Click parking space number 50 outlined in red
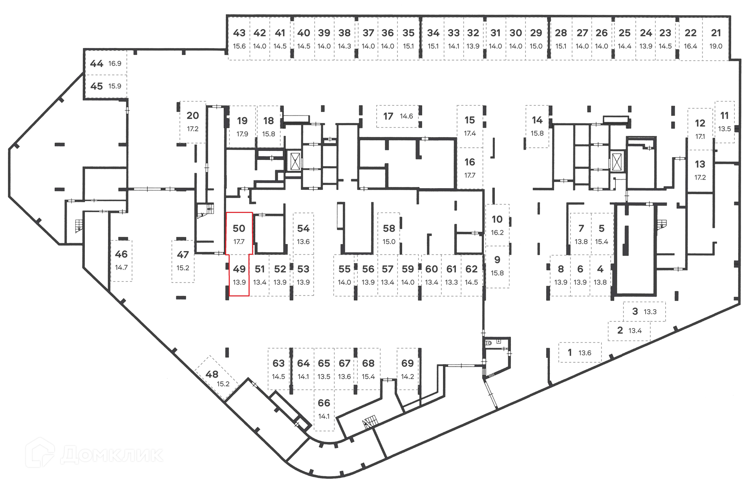click(x=239, y=233)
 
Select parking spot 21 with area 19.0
click(x=716, y=38)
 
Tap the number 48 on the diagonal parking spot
click(x=212, y=374)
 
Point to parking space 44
click(x=106, y=64)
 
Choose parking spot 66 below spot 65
click(x=324, y=409)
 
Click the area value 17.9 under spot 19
click(x=242, y=134)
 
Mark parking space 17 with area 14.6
click(x=397, y=116)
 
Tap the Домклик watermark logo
click(x=94, y=454)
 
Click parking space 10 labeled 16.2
click(x=497, y=225)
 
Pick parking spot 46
click(x=121, y=260)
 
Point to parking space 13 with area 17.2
click(x=700, y=170)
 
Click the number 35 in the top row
click(x=408, y=33)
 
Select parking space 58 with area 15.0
click(x=389, y=234)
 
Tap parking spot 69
click(x=408, y=369)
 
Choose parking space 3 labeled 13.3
click(x=644, y=312)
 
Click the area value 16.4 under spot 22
click(x=690, y=46)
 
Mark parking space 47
click(x=183, y=261)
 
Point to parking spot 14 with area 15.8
click(x=537, y=126)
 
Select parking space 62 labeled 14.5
click(x=471, y=275)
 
